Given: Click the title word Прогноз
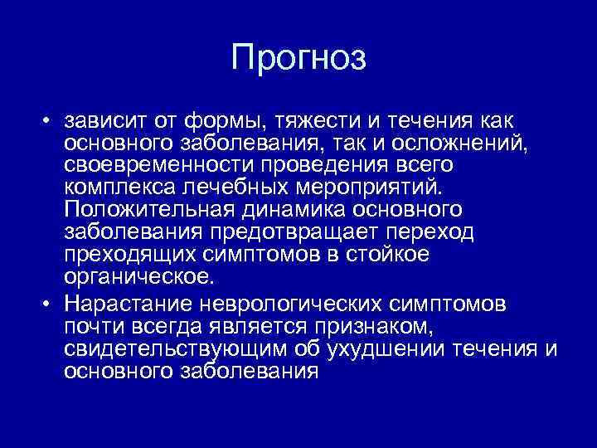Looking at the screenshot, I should point(298,57).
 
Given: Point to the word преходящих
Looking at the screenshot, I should point(124,256).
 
